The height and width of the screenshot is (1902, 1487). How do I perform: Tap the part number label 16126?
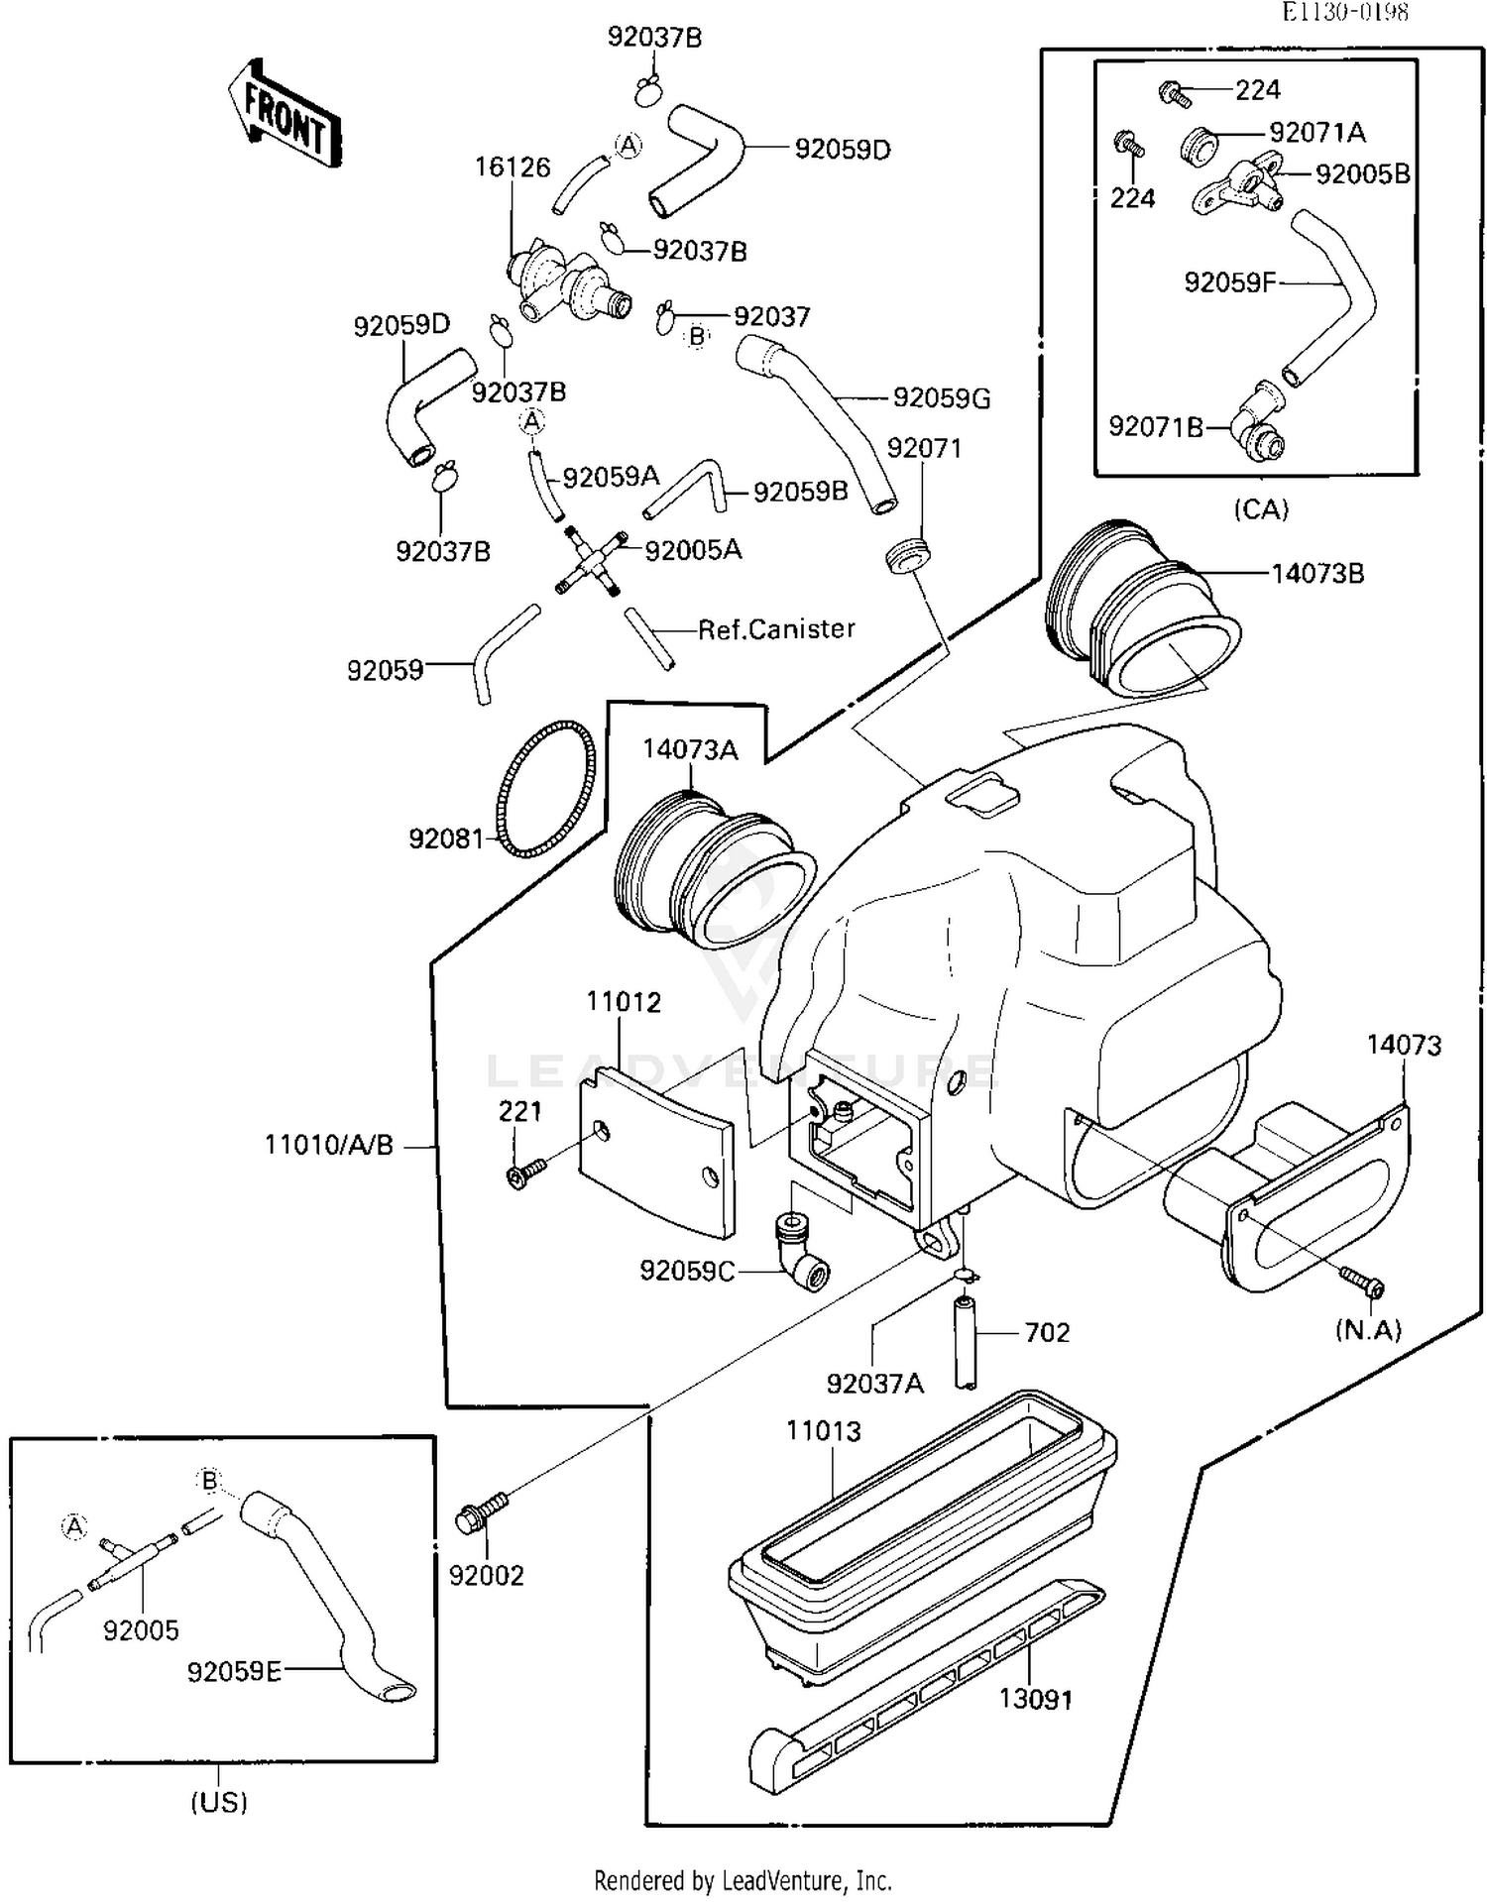(x=512, y=168)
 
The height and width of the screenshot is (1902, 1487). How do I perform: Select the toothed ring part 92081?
(x=546, y=788)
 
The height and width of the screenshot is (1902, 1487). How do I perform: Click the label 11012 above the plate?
(x=623, y=1002)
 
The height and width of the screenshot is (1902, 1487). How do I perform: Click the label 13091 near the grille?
(x=1035, y=1699)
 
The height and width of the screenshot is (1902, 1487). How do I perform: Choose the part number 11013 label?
(x=823, y=1431)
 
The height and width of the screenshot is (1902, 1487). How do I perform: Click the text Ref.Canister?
(x=776, y=629)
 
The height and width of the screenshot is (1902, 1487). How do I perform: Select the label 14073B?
(x=1317, y=574)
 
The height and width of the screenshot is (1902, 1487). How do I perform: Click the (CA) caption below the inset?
(x=1261, y=509)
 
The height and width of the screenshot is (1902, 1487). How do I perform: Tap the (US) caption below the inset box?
(x=218, y=1801)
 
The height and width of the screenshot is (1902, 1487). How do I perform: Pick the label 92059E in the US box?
(x=234, y=1672)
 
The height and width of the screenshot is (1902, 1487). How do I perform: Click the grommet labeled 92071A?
(x=1199, y=146)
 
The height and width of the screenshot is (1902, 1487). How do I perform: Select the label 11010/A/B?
(x=328, y=1146)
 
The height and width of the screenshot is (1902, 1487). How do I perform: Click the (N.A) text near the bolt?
(x=1368, y=1330)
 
